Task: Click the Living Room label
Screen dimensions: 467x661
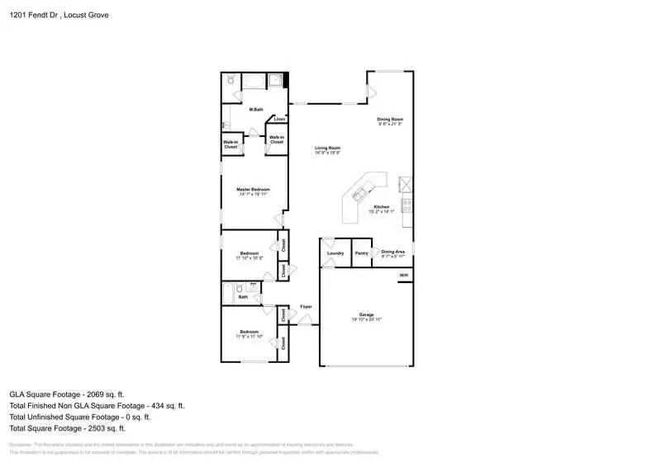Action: pyautogui.click(x=327, y=149)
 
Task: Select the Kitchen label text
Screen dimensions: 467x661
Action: pyautogui.click(x=381, y=207)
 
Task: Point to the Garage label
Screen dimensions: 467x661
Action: pyautogui.click(x=367, y=315)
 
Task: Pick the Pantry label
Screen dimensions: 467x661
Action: pyautogui.click(x=361, y=252)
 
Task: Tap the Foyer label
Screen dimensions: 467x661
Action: pyautogui.click(x=306, y=307)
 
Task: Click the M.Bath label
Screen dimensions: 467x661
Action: pyautogui.click(x=256, y=110)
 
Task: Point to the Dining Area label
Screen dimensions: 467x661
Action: pyautogui.click(x=392, y=251)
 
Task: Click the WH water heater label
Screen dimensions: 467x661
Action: pyautogui.click(x=404, y=275)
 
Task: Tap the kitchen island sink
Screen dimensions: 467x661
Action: pyautogui.click(x=359, y=195)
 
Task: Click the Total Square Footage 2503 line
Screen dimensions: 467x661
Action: pyautogui.click(x=67, y=428)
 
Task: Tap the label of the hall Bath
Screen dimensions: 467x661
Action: pyautogui.click(x=243, y=296)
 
